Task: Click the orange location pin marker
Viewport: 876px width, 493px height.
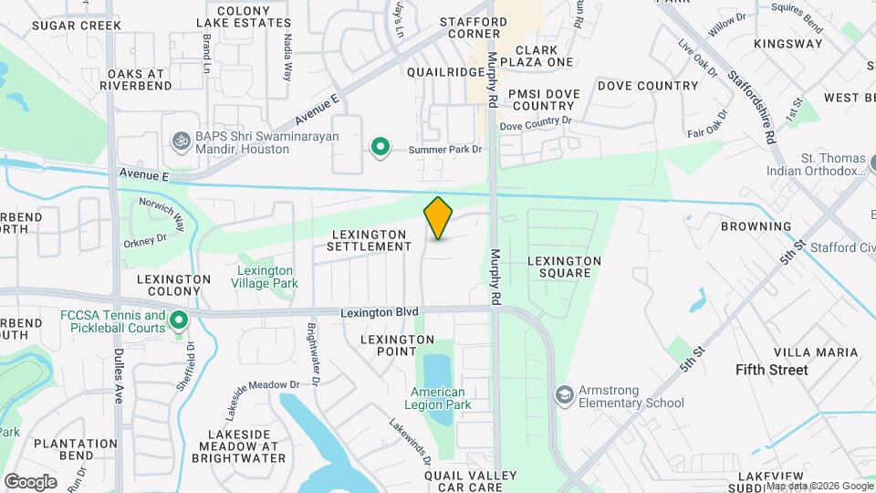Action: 438,218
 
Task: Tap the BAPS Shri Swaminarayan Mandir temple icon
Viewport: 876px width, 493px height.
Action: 181,141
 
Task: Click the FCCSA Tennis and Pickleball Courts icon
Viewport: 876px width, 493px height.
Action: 180,320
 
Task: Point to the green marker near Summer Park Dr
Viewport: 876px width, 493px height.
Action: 380,147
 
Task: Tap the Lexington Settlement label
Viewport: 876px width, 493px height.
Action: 370,240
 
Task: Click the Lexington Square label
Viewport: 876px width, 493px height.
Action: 564,267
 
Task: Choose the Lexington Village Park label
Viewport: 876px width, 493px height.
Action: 266,277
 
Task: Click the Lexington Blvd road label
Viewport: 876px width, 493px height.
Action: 379,311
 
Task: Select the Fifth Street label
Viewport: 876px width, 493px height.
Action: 772,370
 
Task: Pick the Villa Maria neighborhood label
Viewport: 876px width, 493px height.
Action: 816,351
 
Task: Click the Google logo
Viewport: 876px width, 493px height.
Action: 30,481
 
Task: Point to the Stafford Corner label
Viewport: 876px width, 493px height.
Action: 473,27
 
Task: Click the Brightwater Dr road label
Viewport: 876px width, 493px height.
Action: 312,353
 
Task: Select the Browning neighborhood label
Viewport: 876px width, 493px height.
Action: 756,226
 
